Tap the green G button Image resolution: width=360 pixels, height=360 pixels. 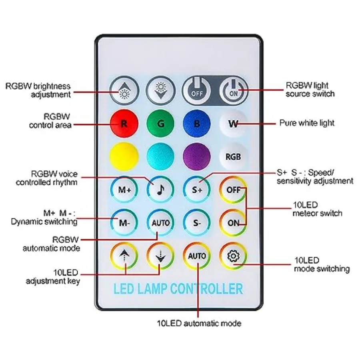pos(160,124)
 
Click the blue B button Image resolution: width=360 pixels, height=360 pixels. pos(197,124)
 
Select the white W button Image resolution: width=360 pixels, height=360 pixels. pos(233,124)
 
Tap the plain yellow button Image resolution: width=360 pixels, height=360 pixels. pos(124,156)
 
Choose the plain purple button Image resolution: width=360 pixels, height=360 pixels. pos(197,156)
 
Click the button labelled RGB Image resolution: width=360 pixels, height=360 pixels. pos(233,156)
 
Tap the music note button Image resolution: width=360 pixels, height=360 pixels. pos(160,190)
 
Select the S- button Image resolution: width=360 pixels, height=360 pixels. pos(197,223)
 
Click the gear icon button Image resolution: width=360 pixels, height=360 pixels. pos(233,256)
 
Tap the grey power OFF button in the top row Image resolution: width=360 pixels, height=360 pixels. pos(196,90)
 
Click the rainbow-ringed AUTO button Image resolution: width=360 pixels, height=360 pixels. pos(197,256)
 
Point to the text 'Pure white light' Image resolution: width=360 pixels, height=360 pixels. pos(307,123)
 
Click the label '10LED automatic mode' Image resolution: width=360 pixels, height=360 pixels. pos(199,323)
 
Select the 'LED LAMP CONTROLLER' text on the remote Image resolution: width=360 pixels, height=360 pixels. pos(178,288)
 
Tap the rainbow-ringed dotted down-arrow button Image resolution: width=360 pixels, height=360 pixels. pos(160,256)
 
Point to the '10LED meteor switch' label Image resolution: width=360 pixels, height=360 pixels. pos(317,209)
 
